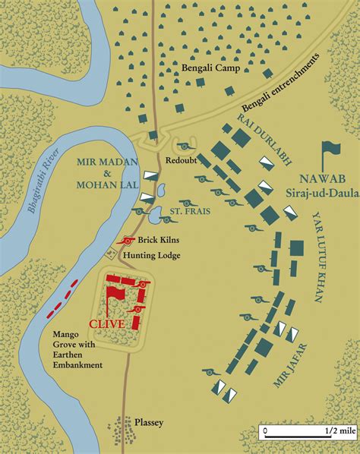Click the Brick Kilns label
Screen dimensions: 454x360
coord(157,241)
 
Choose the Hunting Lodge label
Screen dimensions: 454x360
coord(159,254)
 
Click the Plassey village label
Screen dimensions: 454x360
coord(148,423)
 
